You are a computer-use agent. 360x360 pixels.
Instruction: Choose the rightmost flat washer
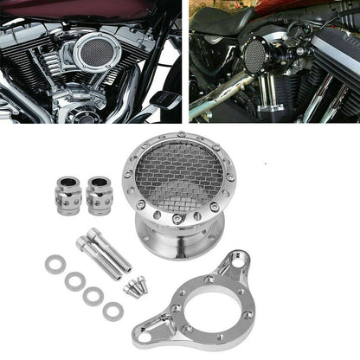[x=112, y=310]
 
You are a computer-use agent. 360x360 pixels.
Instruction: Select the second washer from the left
[x=74, y=280]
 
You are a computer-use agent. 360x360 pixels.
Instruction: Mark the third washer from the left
[x=93, y=295]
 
